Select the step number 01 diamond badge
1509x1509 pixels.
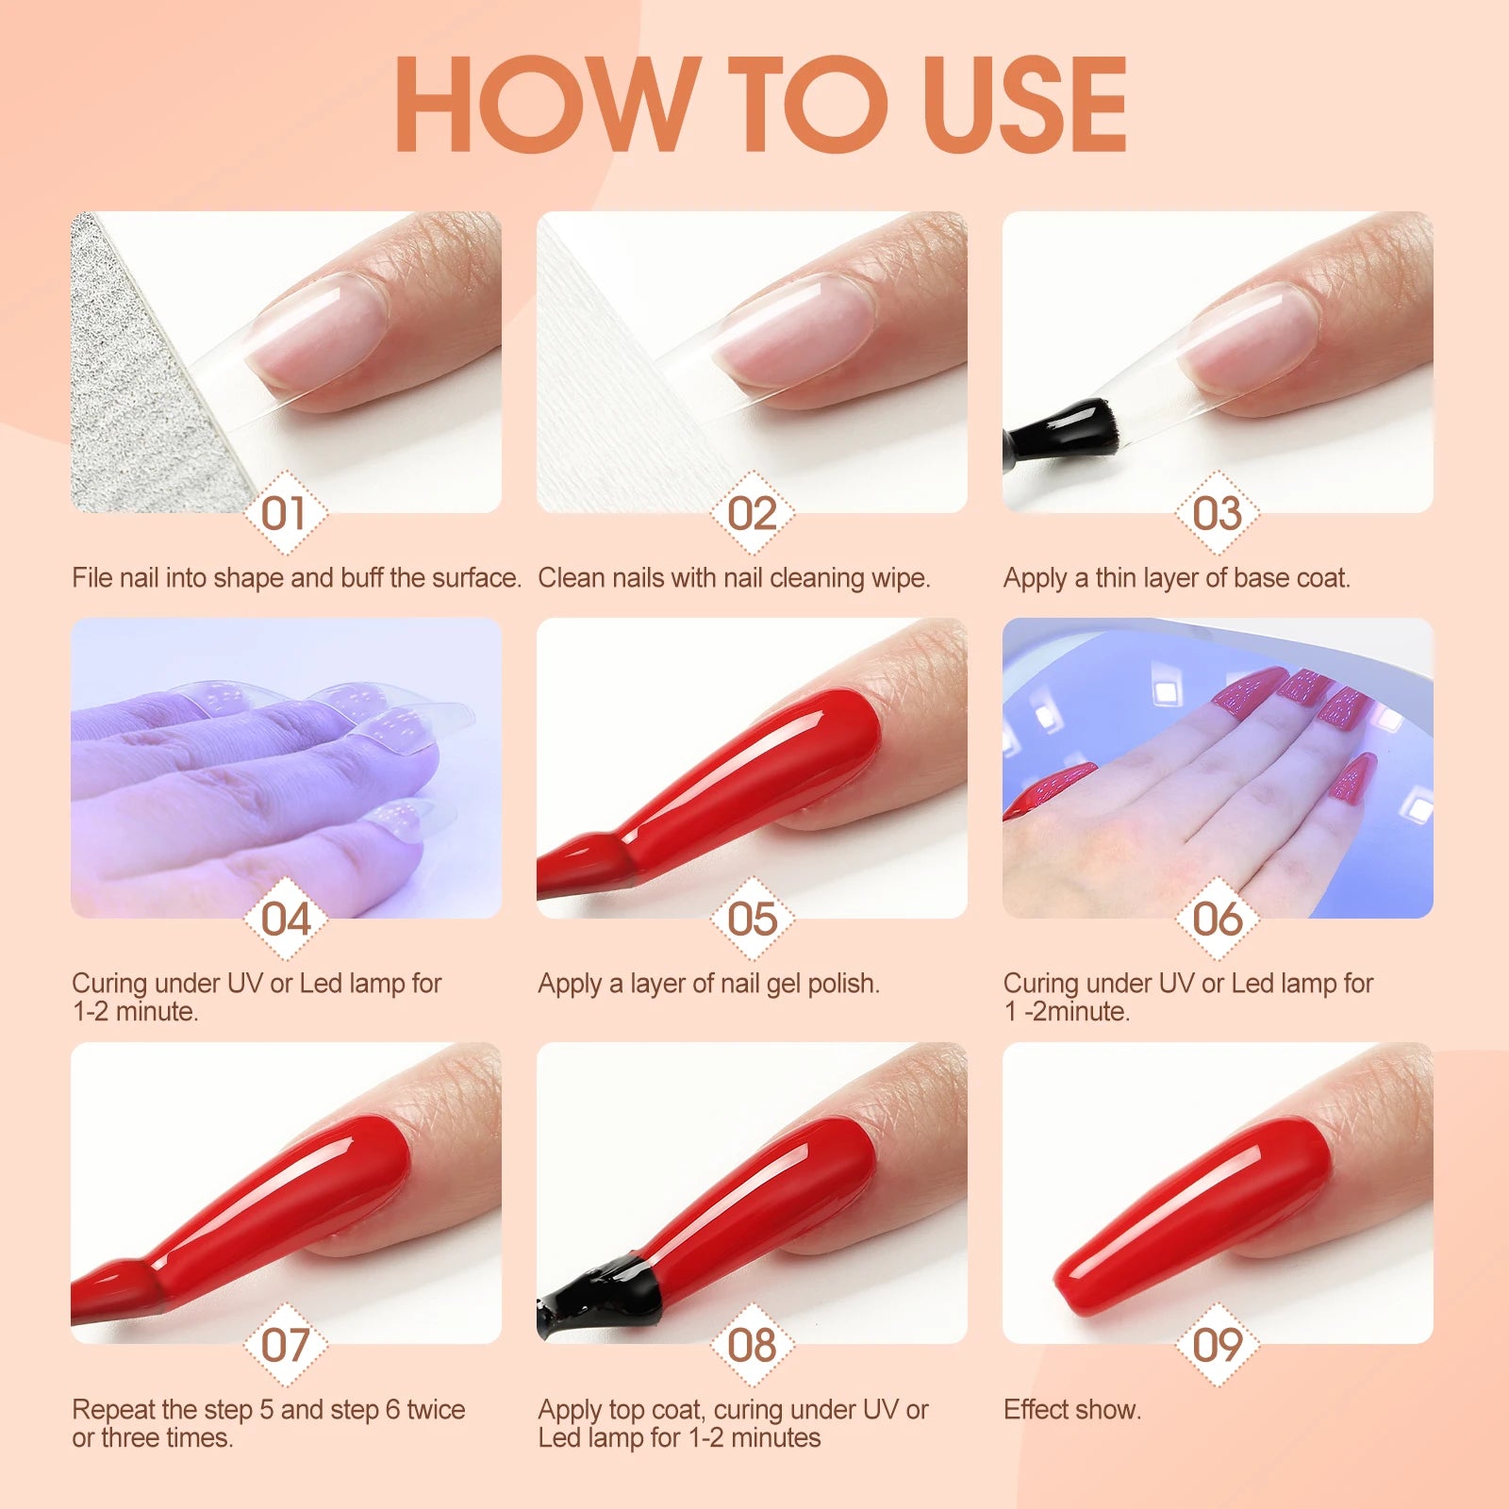(285, 514)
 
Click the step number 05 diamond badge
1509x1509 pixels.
(752, 920)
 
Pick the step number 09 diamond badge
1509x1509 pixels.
(1217, 1346)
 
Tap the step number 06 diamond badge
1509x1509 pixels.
(1217, 920)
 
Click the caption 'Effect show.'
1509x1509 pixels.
(1072, 1410)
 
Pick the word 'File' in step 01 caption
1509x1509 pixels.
(92, 578)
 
